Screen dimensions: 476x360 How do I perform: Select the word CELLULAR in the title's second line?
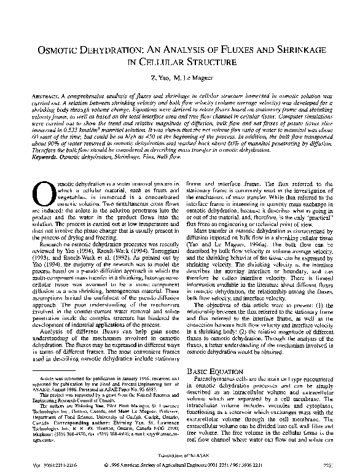click(x=162, y=63)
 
